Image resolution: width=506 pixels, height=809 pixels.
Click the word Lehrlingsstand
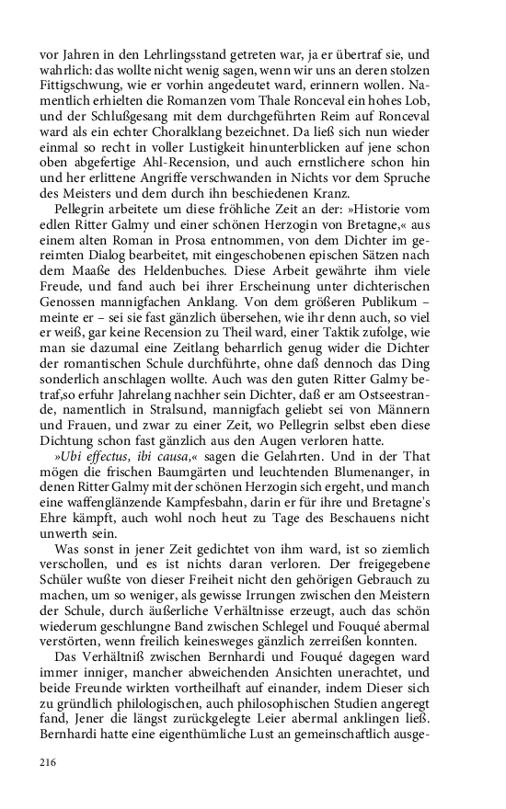pyautogui.click(x=183, y=54)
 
